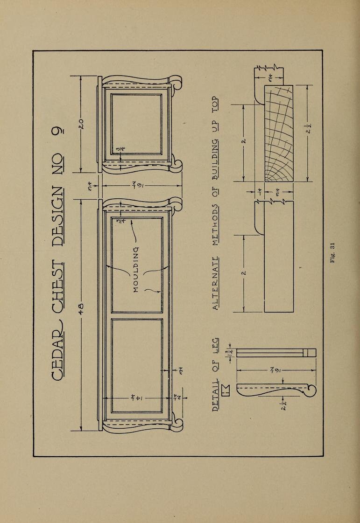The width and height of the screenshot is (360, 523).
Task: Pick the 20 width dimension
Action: point(81,124)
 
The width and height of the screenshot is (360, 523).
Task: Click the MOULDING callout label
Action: point(136,269)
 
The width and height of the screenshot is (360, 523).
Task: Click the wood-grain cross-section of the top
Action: point(279,133)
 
